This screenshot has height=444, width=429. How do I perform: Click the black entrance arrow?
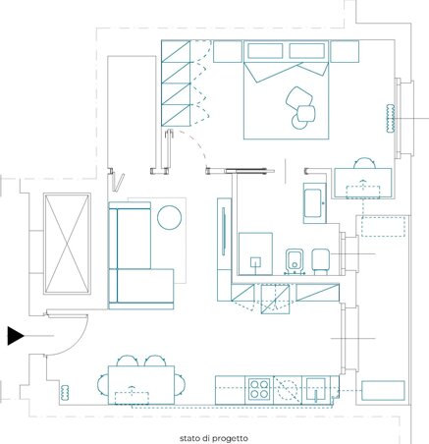(x=16, y=336)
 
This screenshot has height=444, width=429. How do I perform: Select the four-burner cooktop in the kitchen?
(x=259, y=389)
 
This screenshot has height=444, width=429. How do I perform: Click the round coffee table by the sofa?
(x=169, y=217)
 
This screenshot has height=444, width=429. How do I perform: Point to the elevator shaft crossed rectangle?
(x=67, y=244)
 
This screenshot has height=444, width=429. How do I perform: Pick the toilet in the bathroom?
(x=321, y=261)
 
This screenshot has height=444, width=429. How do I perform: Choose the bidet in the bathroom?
(x=295, y=261)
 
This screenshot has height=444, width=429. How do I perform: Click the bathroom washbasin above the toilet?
(x=314, y=203)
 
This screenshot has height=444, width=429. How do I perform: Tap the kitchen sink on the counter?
(x=315, y=389)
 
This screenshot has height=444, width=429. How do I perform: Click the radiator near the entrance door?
(x=65, y=392)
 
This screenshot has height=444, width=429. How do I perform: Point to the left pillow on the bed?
(x=265, y=51)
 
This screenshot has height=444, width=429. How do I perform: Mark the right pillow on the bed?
(x=307, y=51)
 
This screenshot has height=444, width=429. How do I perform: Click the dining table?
(x=141, y=385)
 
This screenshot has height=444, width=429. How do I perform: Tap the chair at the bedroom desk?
(x=364, y=163)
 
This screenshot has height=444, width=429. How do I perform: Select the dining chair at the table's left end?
(x=103, y=385)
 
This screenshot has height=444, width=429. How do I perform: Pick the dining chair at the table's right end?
(x=180, y=385)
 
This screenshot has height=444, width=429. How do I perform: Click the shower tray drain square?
(x=255, y=262)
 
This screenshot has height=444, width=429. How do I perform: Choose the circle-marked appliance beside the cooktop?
(x=288, y=389)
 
